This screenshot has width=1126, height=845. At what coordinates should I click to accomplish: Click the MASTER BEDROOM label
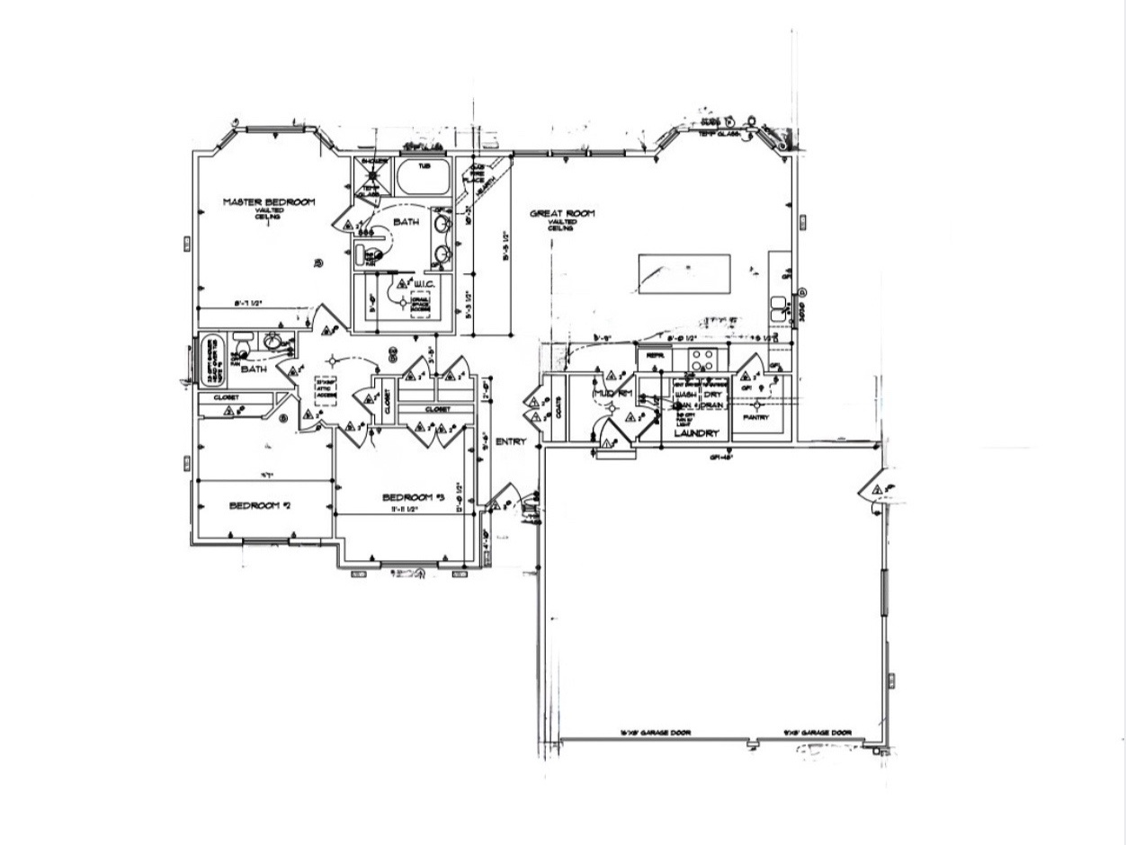[269, 202]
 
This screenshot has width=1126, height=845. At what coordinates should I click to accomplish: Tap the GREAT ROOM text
[562, 214]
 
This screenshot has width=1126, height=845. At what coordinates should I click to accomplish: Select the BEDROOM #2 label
[260, 505]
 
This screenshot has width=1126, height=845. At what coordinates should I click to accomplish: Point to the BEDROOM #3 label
[414, 497]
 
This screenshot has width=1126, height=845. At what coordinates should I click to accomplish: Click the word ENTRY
[510, 441]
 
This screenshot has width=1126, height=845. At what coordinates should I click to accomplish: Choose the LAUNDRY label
[698, 434]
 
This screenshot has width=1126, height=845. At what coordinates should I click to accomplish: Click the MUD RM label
[614, 394]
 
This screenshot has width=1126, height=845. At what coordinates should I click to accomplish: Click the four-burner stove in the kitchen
[702, 360]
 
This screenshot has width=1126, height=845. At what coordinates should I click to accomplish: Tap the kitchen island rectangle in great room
[684, 273]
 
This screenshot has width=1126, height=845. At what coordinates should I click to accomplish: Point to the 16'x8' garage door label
[655, 733]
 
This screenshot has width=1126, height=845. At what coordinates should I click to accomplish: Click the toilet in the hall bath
[241, 346]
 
